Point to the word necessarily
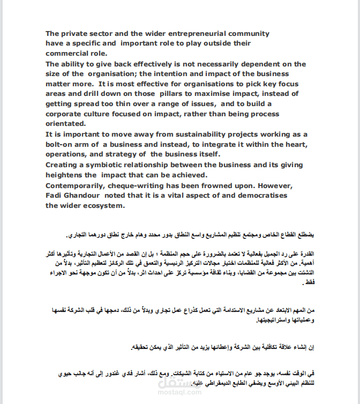pyautogui.click(x=212, y=64)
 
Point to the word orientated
pyautogui.click(x=66, y=124)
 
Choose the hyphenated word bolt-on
pyautogui.click(x=61, y=144)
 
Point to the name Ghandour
pyautogui.click(x=84, y=195)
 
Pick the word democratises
pyautogui.click(x=260, y=195)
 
